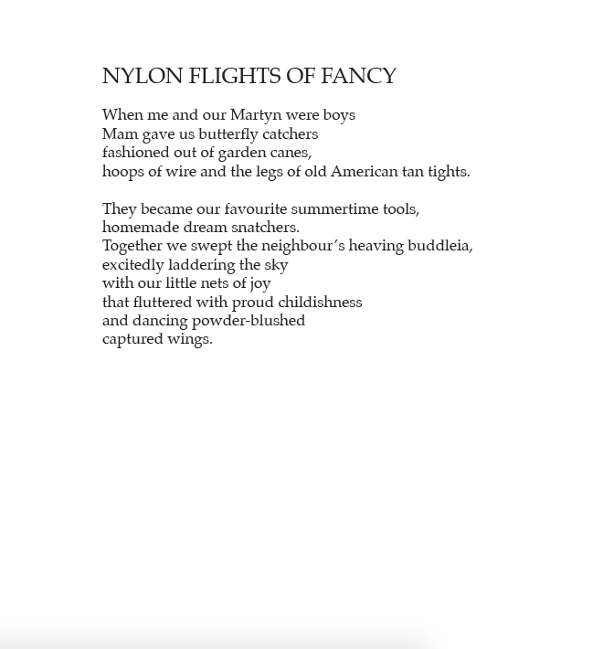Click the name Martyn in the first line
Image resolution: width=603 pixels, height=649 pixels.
(256, 116)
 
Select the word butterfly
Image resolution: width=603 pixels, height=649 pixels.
(228, 134)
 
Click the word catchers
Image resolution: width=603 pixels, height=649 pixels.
(291, 134)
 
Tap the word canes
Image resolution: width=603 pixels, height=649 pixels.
(291, 154)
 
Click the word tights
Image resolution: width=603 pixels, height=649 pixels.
(449, 172)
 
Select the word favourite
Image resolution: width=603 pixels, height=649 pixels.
(255, 209)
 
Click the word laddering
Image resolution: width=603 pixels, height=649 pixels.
(201, 265)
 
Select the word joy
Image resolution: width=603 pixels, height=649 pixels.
(259, 284)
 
